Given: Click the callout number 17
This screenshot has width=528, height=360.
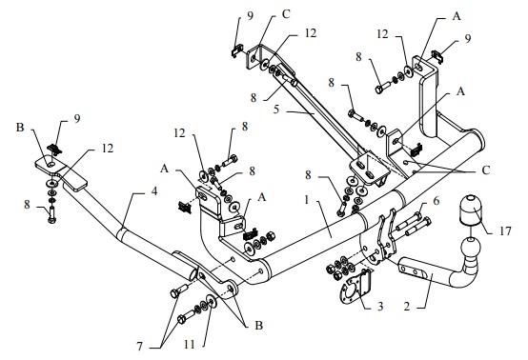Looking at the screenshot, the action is (505, 230).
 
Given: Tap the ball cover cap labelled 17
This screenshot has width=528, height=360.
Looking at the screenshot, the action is (469, 209).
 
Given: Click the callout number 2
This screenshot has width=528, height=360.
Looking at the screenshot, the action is (407, 307).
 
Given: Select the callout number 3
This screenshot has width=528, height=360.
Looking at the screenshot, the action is (380, 306).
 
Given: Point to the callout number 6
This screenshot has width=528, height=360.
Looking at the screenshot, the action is (437, 201).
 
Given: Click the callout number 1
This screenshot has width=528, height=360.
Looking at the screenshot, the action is (307, 200).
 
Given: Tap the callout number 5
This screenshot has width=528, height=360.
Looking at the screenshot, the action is (276, 110).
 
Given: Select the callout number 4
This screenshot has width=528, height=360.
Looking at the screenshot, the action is (154, 191).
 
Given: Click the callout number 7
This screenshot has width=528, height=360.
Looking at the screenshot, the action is (140, 347).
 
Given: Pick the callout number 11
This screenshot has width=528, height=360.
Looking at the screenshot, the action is (189, 344).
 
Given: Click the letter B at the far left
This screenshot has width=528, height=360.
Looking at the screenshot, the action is (20, 128).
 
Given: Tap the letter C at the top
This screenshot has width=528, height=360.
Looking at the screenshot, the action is (286, 15).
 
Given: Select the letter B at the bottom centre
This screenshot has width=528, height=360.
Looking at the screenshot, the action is (258, 326).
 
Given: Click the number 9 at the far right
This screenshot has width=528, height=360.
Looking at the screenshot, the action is (468, 39).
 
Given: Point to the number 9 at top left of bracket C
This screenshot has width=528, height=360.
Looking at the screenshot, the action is (250, 16).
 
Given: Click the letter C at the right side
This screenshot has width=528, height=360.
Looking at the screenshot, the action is (485, 170).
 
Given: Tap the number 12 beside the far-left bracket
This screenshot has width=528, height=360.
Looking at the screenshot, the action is (108, 148).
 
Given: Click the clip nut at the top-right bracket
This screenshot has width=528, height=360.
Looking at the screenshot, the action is (437, 55).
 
